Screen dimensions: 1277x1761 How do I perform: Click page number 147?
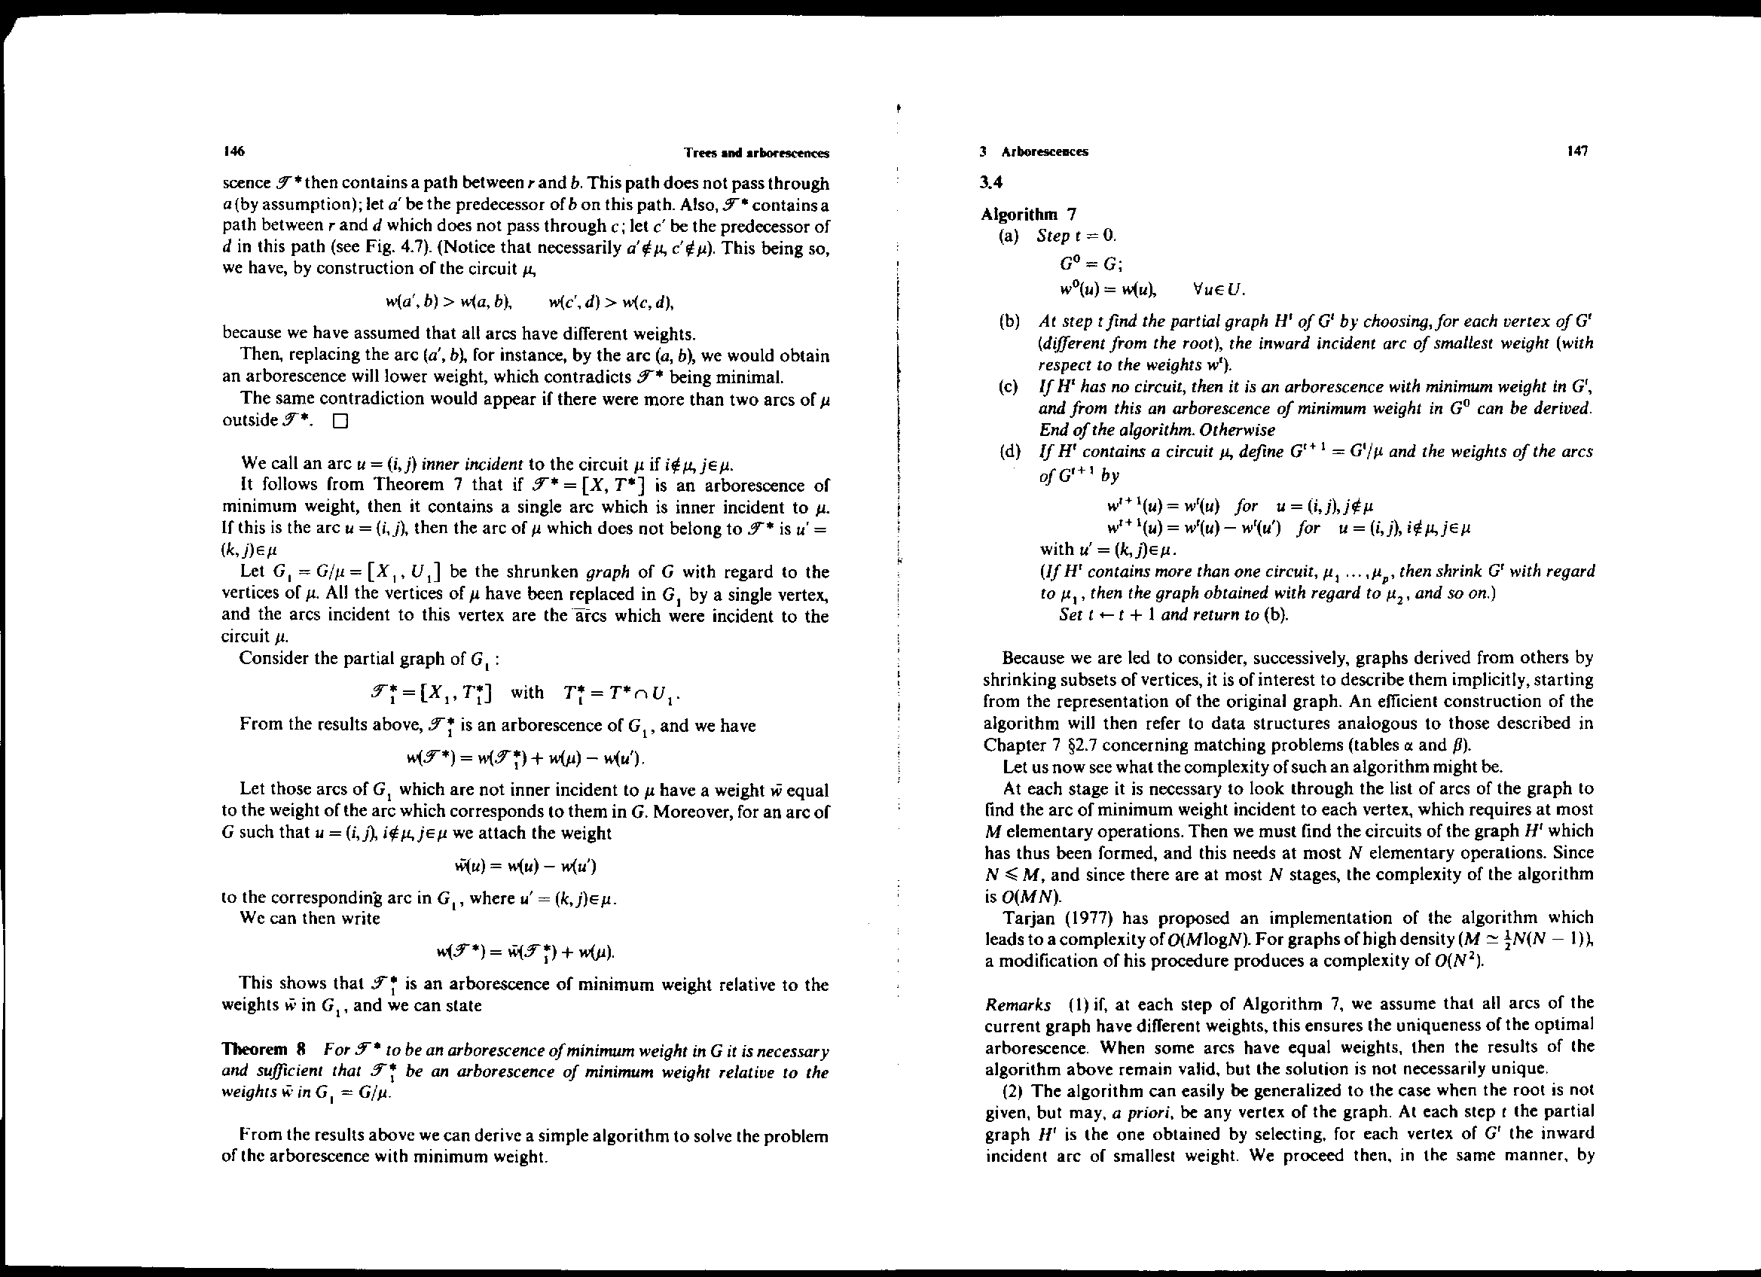pos(1577,151)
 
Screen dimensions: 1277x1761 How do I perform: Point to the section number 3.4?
pos(991,183)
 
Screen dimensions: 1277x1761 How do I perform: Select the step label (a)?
pos(1009,236)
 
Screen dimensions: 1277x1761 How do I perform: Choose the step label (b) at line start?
pos(1009,322)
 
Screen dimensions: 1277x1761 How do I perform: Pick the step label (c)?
pos(1009,386)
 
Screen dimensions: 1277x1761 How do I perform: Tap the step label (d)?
pos(1009,452)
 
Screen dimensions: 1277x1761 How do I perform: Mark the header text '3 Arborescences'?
pos(1035,152)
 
